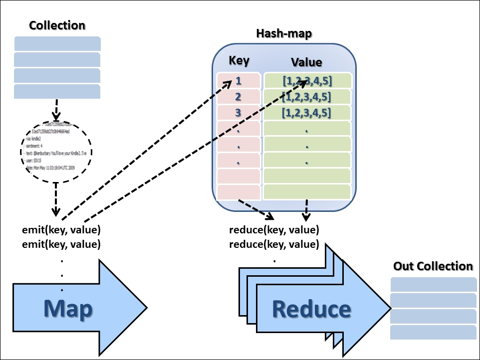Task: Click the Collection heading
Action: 57,25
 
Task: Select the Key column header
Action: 239,61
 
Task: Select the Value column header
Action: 306,62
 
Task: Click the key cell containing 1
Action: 239,81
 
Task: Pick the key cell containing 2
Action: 239,97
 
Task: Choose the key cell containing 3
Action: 239,113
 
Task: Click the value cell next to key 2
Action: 307,97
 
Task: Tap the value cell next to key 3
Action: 307,113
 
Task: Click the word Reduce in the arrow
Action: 311,309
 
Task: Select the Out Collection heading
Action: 433,266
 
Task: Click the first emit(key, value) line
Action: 61,230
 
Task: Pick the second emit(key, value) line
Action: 61,244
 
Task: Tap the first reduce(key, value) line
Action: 274,230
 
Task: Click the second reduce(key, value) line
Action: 274,244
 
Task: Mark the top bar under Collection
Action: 57,43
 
